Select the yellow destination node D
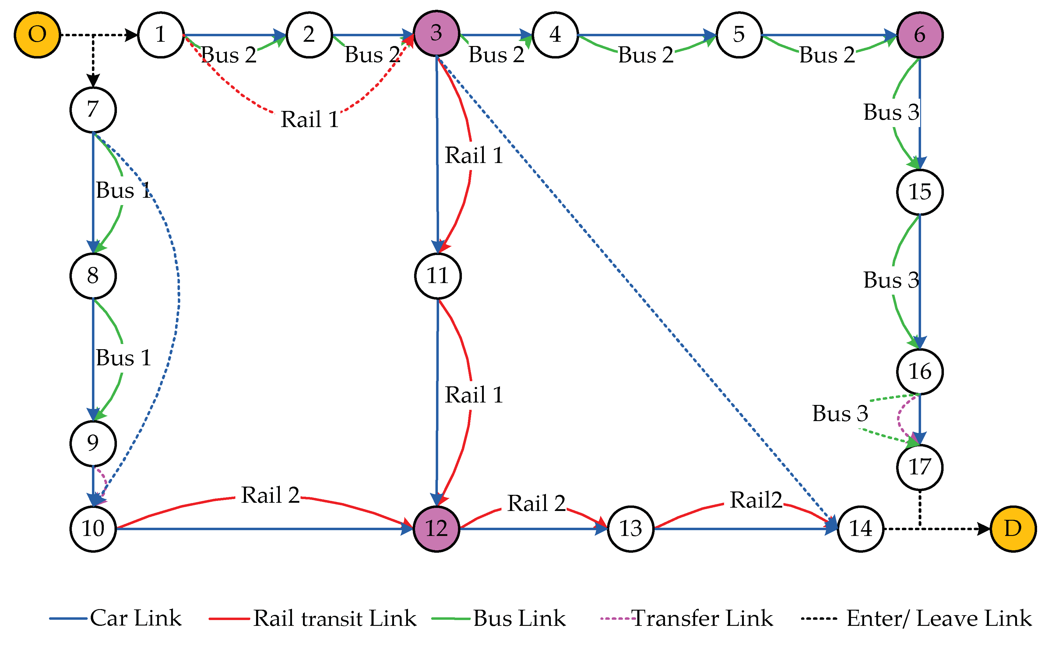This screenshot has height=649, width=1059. click(1013, 529)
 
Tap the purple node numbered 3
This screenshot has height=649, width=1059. click(436, 34)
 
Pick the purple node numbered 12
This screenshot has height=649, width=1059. click(436, 529)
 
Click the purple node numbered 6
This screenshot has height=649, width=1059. click(919, 35)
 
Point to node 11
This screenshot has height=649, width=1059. click(438, 276)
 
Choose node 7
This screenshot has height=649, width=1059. click(93, 110)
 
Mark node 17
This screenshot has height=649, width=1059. click(919, 467)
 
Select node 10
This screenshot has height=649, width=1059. click(93, 529)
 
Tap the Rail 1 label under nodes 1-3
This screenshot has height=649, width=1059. click(309, 119)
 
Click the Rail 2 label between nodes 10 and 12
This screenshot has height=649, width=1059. click(270, 495)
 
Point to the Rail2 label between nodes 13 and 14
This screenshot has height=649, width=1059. click(755, 500)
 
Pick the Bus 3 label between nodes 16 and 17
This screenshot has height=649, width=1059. click(840, 414)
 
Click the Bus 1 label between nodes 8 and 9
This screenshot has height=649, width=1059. click(123, 358)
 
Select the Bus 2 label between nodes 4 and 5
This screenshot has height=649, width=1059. click(646, 55)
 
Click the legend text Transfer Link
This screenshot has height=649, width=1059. click(702, 619)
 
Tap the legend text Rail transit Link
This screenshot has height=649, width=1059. click(334, 619)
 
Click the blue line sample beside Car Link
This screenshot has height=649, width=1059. click(68, 619)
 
